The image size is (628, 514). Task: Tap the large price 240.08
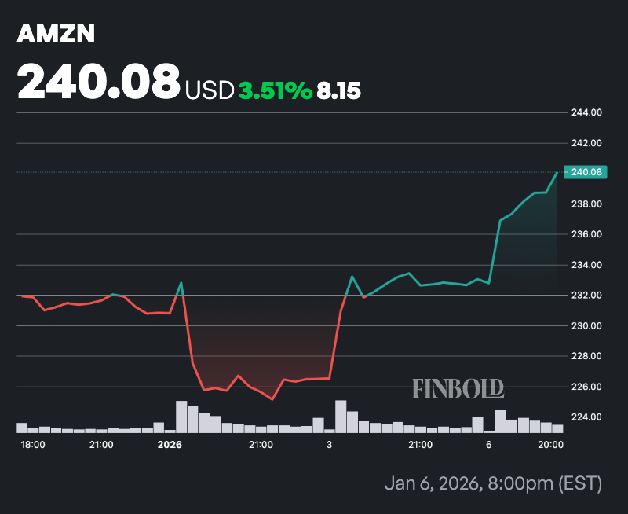click(x=99, y=82)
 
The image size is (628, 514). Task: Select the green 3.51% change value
click(x=276, y=91)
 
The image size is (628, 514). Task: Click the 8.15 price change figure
click(x=338, y=91)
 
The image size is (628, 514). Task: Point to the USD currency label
click(x=210, y=91)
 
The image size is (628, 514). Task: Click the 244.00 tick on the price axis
click(x=586, y=112)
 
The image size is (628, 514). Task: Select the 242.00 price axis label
click(x=586, y=143)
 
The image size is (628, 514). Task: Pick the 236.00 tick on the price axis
click(x=586, y=234)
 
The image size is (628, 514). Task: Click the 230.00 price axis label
click(x=586, y=325)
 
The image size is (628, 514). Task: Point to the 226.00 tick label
click(x=586, y=387)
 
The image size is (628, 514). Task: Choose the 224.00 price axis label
click(x=586, y=417)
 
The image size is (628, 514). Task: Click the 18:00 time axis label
click(x=33, y=445)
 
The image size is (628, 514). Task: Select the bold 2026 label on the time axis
click(x=170, y=445)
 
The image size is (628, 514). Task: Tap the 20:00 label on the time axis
click(x=552, y=445)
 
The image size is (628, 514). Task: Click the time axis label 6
click(x=489, y=445)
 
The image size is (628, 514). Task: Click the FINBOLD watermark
click(x=458, y=387)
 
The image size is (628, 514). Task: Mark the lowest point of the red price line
click(x=272, y=399)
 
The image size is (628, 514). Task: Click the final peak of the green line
click(x=557, y=172)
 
